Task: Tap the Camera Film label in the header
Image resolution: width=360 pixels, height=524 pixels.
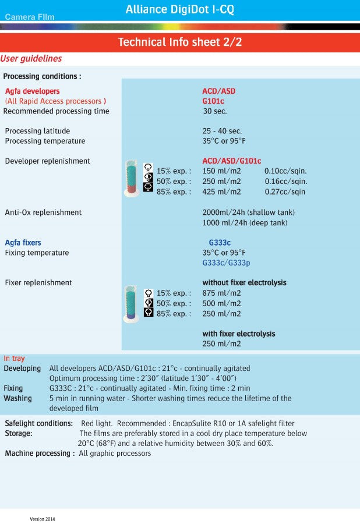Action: pyautogui.click(x=30, y=17)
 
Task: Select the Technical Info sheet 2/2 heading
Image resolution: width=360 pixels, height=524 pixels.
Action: pyautogui.click(x=180, y=42)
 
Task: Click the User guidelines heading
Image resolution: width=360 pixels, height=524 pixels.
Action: pyautogui.click(x=31, y=59)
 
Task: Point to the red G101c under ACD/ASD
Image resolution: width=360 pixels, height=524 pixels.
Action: pyautogui.click(x=213, y=101)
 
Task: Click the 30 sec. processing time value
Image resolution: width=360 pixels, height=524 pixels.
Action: pyautogui.click(x=215, y=111)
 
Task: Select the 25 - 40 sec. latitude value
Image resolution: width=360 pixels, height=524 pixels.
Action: pyautogui.click(x=222, y=131)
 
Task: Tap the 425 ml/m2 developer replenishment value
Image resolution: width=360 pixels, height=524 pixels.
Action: pyautogui.click(x=221, y=192)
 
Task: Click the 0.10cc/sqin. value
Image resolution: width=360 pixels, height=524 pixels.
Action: pyautogui.click(x=285, y=171)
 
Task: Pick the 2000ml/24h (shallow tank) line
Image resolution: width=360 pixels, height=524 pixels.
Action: pyautogui.click(x=248, y=213)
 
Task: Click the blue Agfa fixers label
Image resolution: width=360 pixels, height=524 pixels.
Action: pyautogui.click(x=23, y=242)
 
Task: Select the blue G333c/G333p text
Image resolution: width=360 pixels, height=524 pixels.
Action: pyautogui.click(x=226, y=263)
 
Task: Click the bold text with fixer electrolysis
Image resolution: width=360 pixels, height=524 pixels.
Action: pyautogui.click(x=238, y=334)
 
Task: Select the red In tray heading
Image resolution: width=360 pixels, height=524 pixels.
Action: pyautogui.click(x=15, y=359)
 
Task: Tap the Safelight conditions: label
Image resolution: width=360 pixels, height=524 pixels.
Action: pyautogui.click(x=39, y=423)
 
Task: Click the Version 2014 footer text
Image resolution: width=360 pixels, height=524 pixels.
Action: pyautogui.click(x=43, y=518)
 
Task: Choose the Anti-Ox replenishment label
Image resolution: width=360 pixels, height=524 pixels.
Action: pyautogui.click(x=43, y=213)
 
